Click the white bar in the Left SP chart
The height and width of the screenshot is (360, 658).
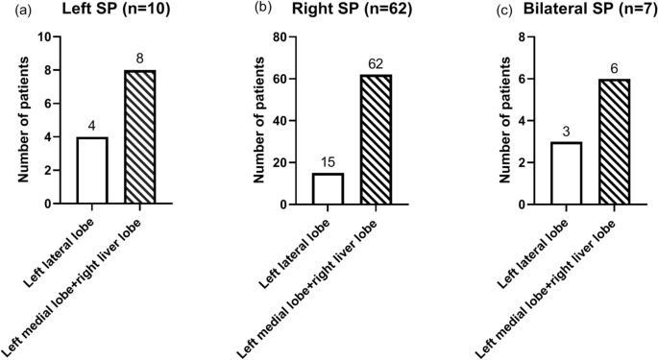pos(91,171)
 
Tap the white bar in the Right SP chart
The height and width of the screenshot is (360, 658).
pos(328,188)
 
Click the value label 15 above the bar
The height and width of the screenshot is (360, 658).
pos(328,162)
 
